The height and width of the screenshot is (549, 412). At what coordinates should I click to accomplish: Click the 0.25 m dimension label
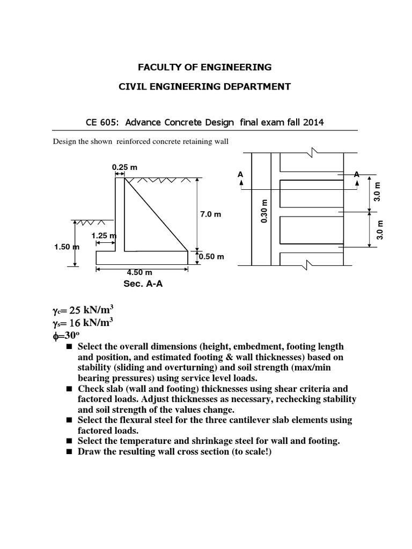(124, 167)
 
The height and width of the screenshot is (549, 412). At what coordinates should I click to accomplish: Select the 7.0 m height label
(211, 214)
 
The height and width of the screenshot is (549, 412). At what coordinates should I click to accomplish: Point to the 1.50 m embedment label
(67, 247)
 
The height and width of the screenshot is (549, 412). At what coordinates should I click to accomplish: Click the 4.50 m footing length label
(138, 272)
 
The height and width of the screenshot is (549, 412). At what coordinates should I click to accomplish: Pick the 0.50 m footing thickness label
(211, 256)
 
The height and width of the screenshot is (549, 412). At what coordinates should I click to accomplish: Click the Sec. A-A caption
(143, 284)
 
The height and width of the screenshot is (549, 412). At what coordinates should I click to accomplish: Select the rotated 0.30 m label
(263, 212)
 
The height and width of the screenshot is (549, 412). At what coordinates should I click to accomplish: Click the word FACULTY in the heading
(160, 67)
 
